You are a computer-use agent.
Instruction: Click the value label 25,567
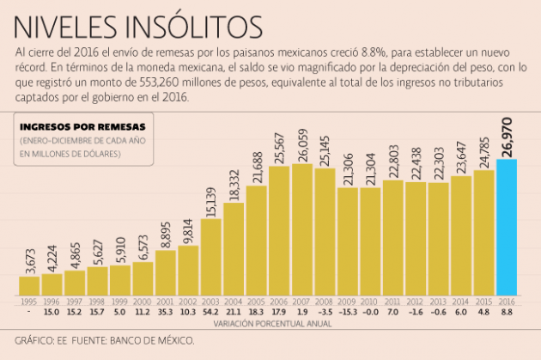pyautogui.click(x=280, y=145)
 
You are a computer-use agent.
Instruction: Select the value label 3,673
pyautogui.click(x=29, y=256)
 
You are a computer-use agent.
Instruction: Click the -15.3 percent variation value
pyautogui.click(x=348, y=313)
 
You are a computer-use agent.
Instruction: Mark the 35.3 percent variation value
pyautogui.click(x=166, y=313)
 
